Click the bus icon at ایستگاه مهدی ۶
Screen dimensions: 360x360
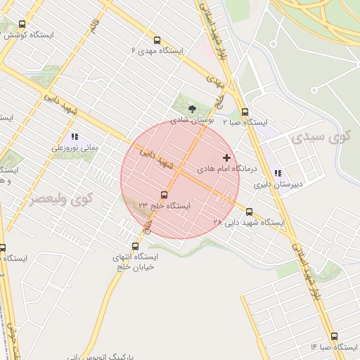tap(156, 41)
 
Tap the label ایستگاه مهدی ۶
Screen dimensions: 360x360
tap(157, 51)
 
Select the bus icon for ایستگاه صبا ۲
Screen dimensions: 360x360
tap(245, 112)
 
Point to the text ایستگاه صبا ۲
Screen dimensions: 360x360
tap(245, 122)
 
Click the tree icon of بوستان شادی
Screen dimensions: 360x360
tap(193, 109)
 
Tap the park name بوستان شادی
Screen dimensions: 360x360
tap(193, 120)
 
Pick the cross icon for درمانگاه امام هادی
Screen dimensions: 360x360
tap(226, 157)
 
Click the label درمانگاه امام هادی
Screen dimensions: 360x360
tap(228, 169)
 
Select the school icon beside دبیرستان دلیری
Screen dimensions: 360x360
tap(278, 173)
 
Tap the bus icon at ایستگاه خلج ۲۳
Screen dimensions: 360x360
tap(165, 195)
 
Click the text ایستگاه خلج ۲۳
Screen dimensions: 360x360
tap(165, 205)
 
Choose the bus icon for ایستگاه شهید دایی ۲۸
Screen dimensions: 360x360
tap(249, 211)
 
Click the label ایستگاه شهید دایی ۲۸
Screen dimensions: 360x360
tap(250, 222)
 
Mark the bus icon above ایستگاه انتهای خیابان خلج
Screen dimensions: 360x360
tap(136, 246)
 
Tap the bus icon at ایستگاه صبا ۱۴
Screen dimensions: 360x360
tap(333, 337)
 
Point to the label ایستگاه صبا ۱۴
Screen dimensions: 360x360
tap(334, 347)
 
